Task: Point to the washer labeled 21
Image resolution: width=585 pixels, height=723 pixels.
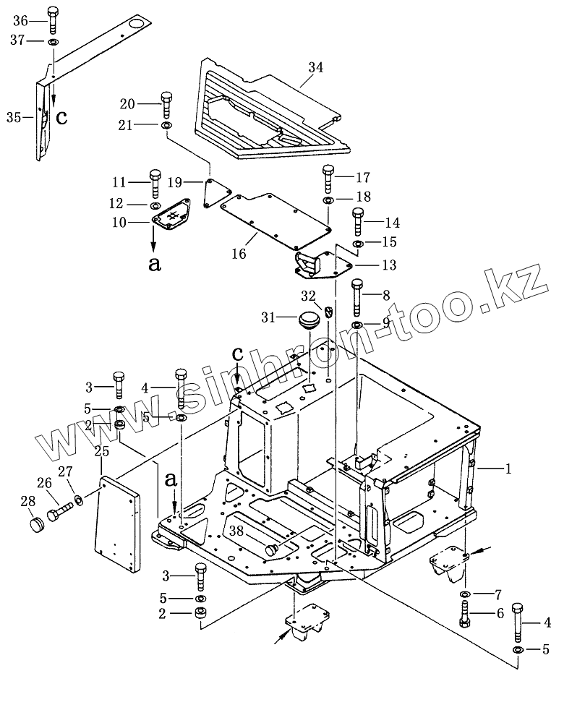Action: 167,126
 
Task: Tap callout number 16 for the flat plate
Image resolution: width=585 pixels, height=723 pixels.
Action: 239,254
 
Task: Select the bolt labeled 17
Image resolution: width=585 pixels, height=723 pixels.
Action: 328,176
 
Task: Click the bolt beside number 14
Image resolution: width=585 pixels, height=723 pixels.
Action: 356,221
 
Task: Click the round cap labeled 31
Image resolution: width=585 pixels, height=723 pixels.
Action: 309,319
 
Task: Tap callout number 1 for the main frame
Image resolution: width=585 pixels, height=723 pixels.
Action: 508,469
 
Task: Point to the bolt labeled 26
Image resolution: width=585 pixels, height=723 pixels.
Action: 58,514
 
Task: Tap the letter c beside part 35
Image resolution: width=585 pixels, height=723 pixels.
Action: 62,116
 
